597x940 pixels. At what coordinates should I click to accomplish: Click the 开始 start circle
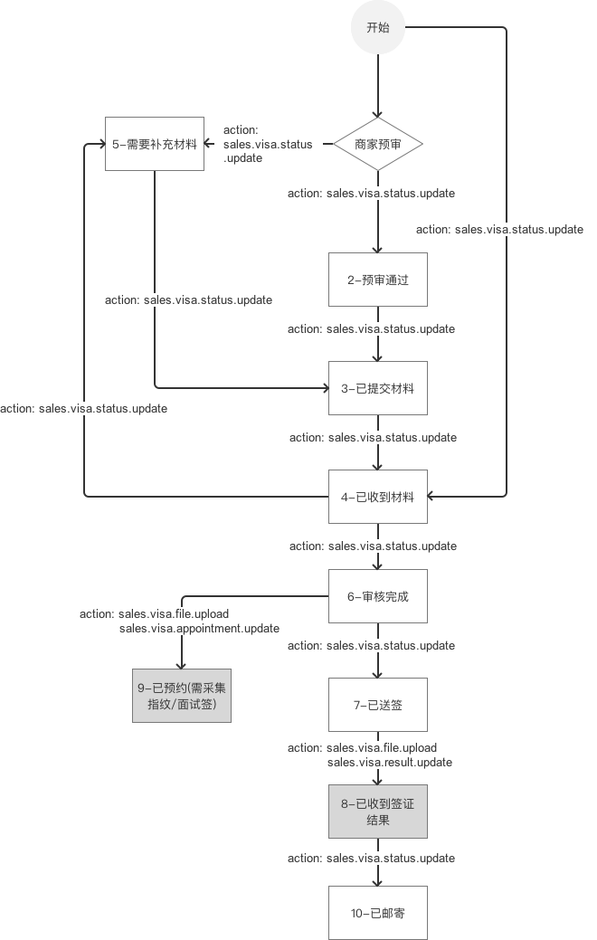(x=378, y=28)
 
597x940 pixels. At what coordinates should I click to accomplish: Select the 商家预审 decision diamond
(x=378, y=144)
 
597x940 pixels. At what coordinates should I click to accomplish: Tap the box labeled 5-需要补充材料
(x=155, y=144)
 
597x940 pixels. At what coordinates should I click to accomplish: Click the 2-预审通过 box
(x=378, y=280)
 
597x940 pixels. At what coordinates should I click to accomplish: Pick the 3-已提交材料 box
(x=378, y=388)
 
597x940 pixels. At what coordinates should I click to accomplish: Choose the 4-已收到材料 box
(x=378, y=496)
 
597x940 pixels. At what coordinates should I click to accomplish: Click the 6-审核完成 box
(x=378, y=596)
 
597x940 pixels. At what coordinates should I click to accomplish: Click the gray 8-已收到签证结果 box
(x=378, y=812)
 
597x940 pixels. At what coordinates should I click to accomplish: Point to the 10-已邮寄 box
(x=378, y=913)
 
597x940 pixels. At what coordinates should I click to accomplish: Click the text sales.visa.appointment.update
(x=199, y=629)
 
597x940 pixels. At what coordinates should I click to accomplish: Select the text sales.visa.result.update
(x=390, y=763)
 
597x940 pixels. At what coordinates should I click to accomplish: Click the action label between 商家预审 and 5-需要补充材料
(x=268, y=145)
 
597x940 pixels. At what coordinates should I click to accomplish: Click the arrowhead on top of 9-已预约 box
(x=182, y=664)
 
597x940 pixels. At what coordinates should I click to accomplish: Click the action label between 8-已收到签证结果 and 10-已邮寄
(x=372, y=858)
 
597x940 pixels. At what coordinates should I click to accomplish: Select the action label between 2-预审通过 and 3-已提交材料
(x=372, y=329)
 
